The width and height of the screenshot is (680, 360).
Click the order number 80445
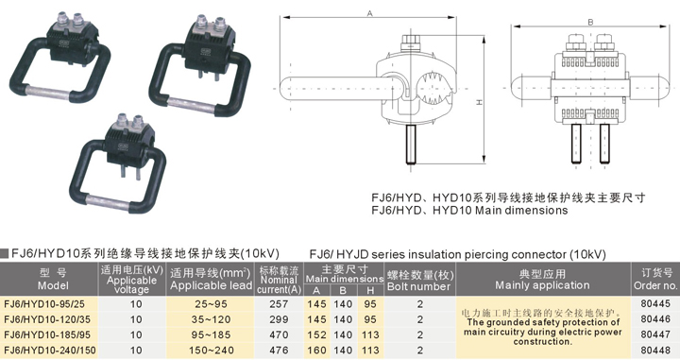(655, 303)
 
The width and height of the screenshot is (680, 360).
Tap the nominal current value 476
(279, 350)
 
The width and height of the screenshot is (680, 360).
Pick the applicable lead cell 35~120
(211, 319)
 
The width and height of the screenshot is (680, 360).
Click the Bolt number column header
(419, 281)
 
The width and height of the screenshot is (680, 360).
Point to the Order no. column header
(655, 280)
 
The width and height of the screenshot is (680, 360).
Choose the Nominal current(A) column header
(279, 280)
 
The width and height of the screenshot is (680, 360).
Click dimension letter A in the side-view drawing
(369, 14)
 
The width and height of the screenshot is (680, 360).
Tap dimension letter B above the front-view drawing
(590, 22)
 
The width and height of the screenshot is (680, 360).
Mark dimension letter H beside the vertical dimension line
(480, 102)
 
